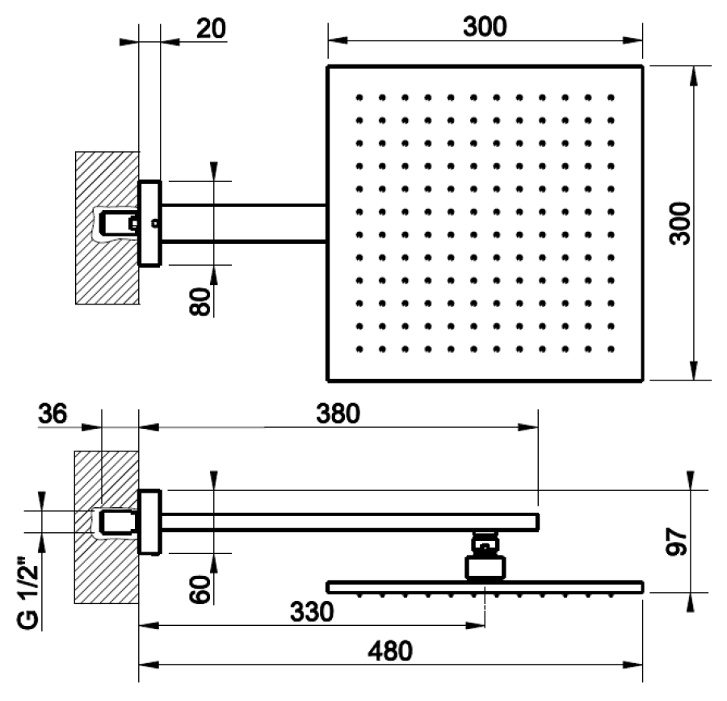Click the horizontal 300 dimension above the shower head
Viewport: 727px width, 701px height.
point(485,27)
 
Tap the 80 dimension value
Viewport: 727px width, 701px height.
point(201,300)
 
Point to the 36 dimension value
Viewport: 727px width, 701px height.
point(53,414)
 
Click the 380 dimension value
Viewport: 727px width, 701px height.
point(337,414)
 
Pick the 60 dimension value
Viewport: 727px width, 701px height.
point(201,590)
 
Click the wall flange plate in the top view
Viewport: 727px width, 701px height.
point(149,242)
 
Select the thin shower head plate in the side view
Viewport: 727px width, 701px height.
point(485,585)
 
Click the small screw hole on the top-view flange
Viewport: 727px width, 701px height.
point(154,223)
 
